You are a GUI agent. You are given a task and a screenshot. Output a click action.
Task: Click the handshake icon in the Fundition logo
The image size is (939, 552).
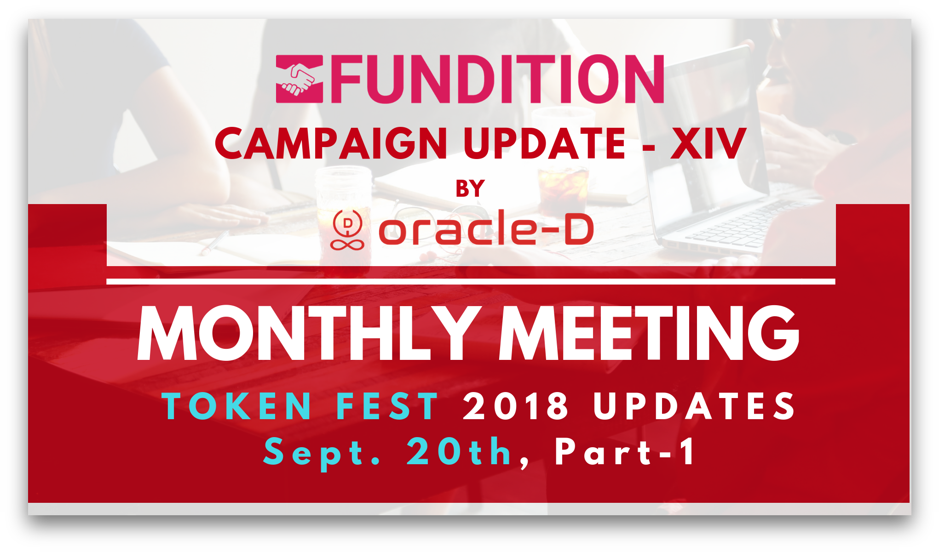pos(299,79)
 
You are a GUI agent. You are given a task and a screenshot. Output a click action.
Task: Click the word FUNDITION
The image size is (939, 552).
pos(497,79)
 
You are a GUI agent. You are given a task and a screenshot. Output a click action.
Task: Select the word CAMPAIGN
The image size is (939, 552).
pos(331,144)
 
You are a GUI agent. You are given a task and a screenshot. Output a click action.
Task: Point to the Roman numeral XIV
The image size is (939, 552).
pos(708,144)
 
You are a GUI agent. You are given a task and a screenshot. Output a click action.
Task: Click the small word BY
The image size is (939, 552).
pos(470,188)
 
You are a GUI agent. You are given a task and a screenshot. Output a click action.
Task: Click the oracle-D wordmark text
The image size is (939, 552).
pos(486,228)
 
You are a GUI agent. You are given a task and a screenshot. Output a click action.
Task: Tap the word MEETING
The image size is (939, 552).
pos(649,333)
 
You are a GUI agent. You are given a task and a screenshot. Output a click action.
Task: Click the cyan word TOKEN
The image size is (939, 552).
pos(237,406)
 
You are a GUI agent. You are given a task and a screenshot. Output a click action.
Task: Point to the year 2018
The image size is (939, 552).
pos(516,406)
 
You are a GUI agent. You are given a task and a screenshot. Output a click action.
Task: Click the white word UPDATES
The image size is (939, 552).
pos(694,406)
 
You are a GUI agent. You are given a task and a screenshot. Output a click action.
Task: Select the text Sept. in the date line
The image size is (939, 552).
pos(322,453)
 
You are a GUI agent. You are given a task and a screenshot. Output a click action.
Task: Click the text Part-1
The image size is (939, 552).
pos(626,453)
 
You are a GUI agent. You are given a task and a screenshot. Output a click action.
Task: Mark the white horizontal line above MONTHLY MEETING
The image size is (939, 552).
pos(471,281)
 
